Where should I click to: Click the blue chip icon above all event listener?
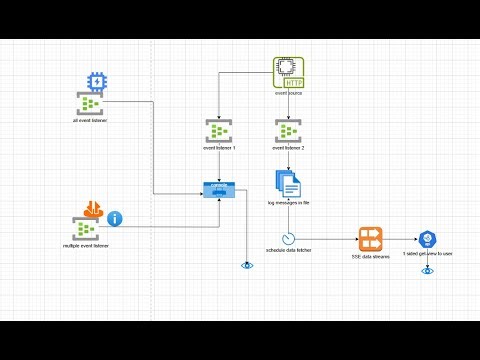(x=96, y=82)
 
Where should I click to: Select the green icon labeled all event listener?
(x=89, y=105)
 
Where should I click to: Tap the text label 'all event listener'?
(x=90, y=120)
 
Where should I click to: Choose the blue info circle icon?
(x=115, y=218)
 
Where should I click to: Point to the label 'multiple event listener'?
(x=86, y=245)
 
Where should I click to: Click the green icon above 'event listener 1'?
(x=219, y=131)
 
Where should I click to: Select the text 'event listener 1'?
(x=219, y=147)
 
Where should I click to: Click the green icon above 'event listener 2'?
(x=288, y=131)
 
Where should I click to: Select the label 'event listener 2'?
(x=288, y=147)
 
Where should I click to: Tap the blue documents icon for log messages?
(x=288, y=184)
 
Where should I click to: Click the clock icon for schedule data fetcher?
(x=289, y=239)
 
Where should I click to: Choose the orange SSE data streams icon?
(x=371, y=239)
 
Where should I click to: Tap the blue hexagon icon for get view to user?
(x=428, y=239)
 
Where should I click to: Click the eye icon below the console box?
(x=247, y=265)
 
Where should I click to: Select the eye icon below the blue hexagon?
(x=428, y=270)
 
